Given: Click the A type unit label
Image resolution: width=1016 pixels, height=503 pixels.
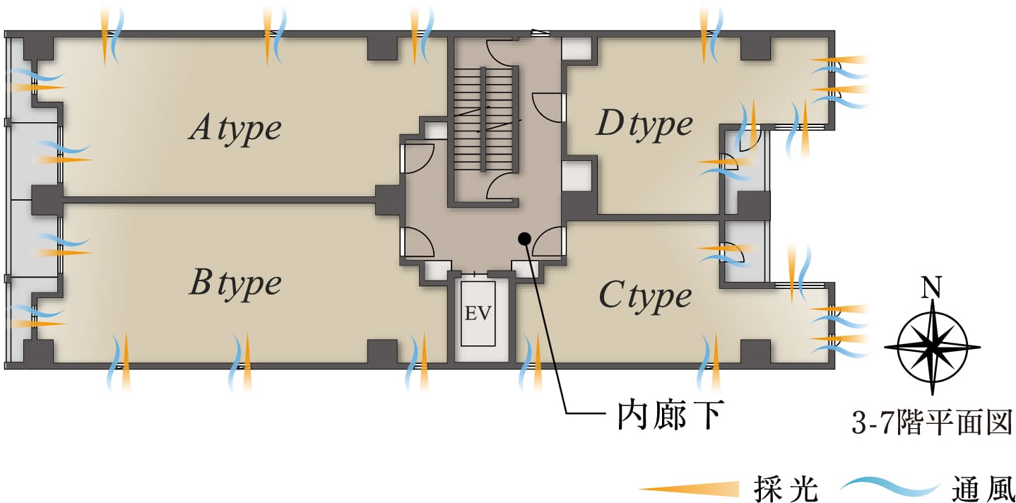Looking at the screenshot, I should click(x=235, y=129).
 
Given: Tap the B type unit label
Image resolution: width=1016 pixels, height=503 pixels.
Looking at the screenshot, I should click(x=235, y=283).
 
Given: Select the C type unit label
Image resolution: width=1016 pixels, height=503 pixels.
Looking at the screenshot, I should click(x=644, y=295).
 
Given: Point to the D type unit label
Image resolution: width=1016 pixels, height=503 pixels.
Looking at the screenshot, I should click(x=644, y=124).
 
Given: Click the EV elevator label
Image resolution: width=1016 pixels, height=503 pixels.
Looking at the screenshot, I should click(x=478, y=313).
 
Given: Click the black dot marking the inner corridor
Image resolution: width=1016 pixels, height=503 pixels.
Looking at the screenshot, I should click(x=524, y=238).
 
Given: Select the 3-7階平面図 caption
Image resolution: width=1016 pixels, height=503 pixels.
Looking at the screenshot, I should click(x=933, y=424).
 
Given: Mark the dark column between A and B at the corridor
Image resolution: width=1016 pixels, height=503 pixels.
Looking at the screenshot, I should click(x=389, y=200).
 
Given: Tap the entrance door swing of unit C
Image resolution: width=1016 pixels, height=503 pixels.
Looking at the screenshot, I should click(x=550, y=242).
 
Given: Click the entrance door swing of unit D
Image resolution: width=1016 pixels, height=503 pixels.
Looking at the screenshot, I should click(x=548, y=106).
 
